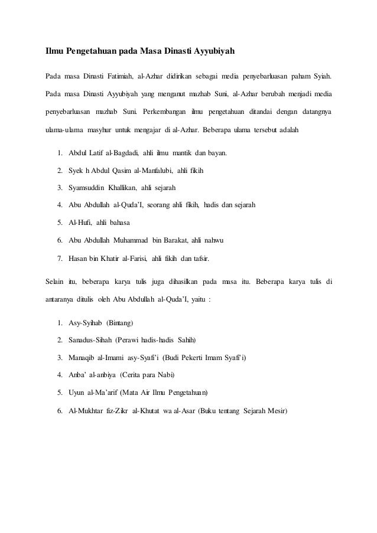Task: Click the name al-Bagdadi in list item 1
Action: tap(123, 154)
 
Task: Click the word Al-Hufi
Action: tap(80, 223)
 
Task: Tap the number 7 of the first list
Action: tap(60, 257)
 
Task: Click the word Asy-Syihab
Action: tap(85, 323)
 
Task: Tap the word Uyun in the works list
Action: tap(78, 393)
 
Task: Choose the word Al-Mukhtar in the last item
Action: tap(87, 410)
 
